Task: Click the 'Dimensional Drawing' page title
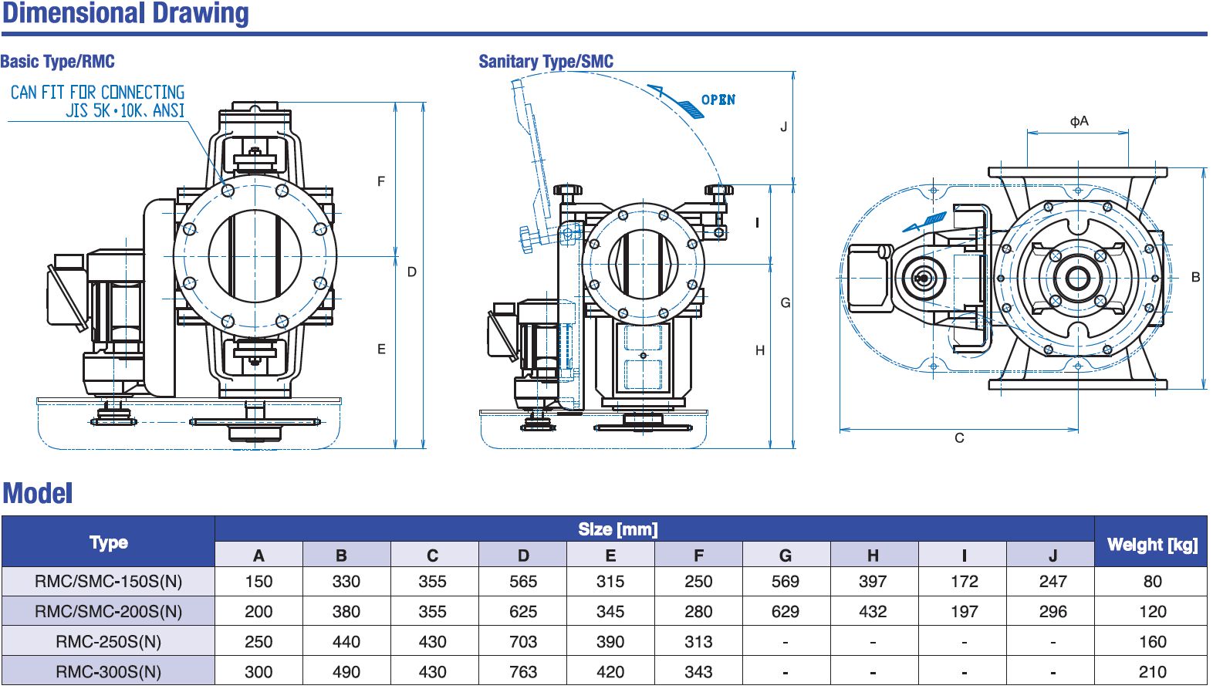tap(126, 13)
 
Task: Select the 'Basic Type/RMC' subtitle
tap(58, 62)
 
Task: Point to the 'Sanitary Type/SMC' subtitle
tap(546, 62)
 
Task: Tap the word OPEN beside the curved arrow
tap(718, 100)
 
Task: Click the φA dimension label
tap(1079, 121)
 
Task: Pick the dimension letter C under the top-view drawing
tap(959, 438)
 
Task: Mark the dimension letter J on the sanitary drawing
tap(784, 127)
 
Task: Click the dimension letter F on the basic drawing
tap(380, 182)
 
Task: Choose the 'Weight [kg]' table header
tap(1151, 545)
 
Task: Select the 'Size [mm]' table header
tap(617, 529)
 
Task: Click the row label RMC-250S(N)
tap(108, 642)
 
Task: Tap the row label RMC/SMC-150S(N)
tap(108, 582)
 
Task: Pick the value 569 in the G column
tap(785, 582)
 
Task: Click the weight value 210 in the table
tap(1152, 672)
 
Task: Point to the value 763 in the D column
tap(522, 672)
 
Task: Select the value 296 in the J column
tap(1053, 612)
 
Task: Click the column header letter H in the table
tap(873, 556)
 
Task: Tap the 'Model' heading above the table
tap(38, 494)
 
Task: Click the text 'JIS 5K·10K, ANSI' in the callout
tap(125, 111)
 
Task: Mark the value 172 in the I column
tap(964, 582)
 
